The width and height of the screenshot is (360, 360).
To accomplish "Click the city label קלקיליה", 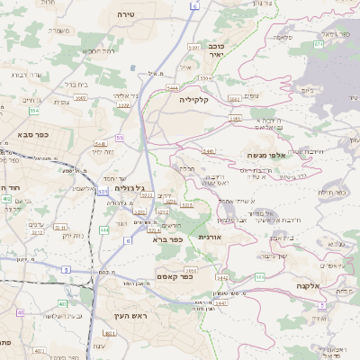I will coord(193,100).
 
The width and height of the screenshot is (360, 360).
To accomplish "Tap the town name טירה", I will coord(126,15).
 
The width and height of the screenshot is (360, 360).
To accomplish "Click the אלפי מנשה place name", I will coord(265,155).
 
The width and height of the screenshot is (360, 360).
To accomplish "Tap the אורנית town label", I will coord(209,236).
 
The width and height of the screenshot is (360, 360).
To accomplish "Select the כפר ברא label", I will coord(168,239).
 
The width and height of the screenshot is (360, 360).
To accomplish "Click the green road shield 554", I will coord(33,110).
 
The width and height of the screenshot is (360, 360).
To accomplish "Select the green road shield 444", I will coord(104,230).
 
